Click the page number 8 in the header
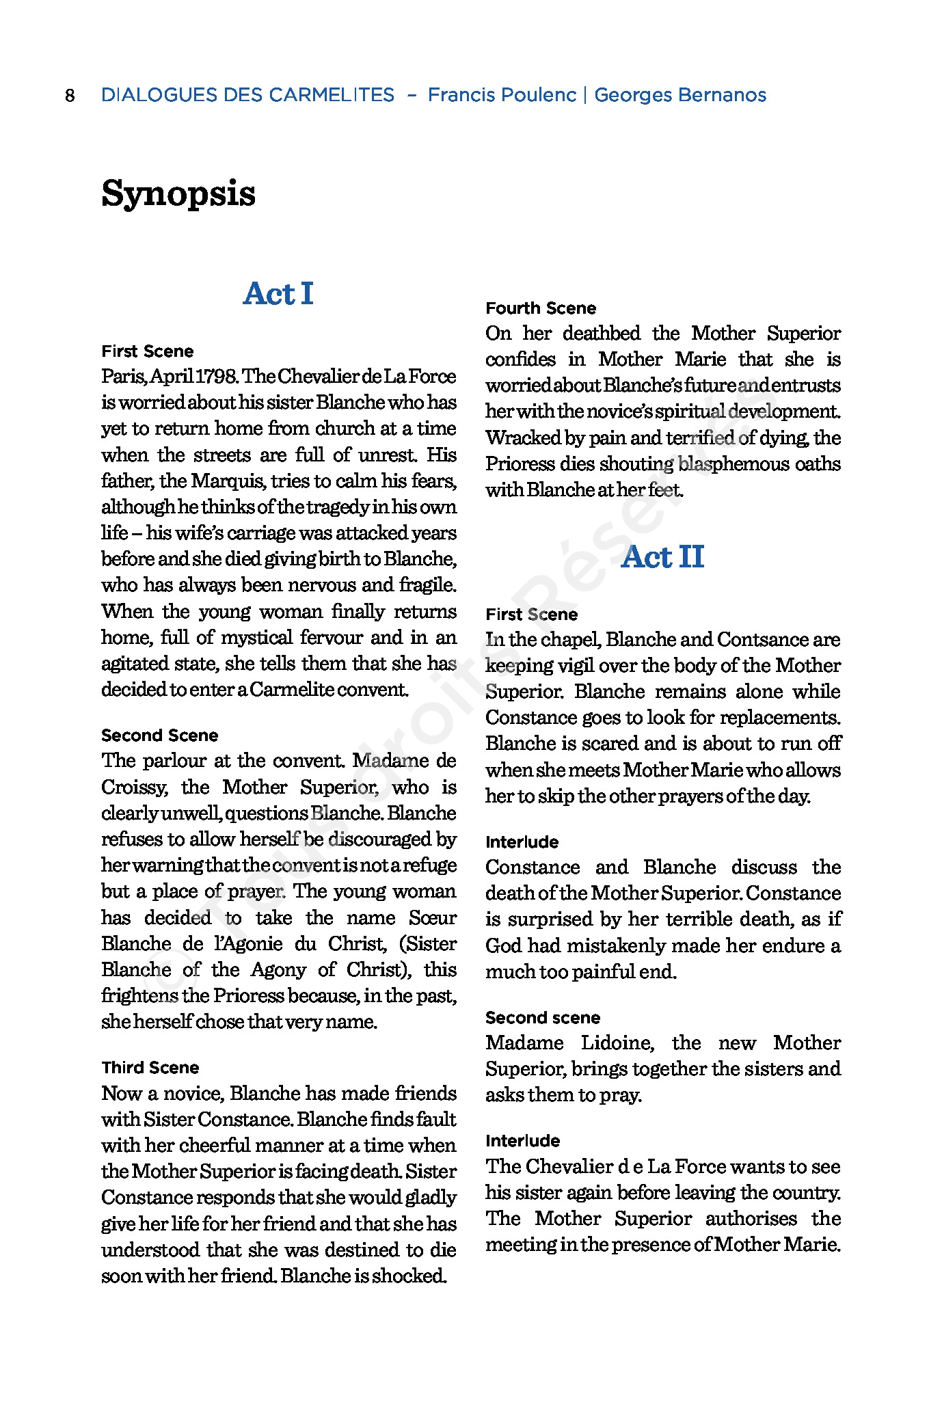pos(70,95)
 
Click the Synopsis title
pos(178,193)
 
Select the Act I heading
pos(278,294)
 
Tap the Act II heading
pos(662,556)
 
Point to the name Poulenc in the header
pos(539,95)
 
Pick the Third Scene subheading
pos(150,1068)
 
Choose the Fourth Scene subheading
pos(541,308)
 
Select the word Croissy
pos(134,788)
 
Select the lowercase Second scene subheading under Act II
pos(543,1018)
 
